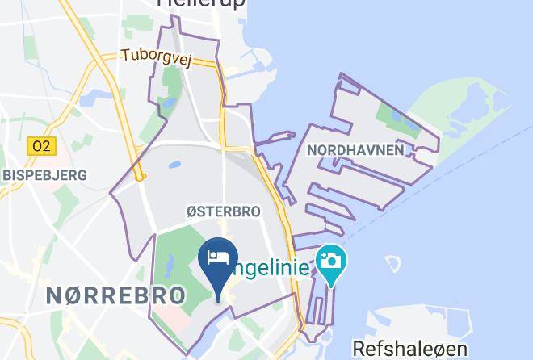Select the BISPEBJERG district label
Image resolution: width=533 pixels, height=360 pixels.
pyautogui.click(x=44, y=174)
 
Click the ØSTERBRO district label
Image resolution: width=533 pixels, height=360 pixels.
pyautogui.click(x=223, y=211)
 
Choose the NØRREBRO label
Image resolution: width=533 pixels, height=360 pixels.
pyautogui.click(x=115, y=295)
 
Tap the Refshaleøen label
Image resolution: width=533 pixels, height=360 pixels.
pyautogui.click(x=409, y=349)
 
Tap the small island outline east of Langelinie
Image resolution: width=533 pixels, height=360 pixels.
pyautogui.click(x=393, y=265)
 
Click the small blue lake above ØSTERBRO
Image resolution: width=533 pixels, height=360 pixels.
pyautogui.click(x=175, y=166)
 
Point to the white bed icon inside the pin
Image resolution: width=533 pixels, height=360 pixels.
pyautogui.click(x=217, y=257)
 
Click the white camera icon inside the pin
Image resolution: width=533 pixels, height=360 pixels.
pyautogui.click(x=330, y=260)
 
